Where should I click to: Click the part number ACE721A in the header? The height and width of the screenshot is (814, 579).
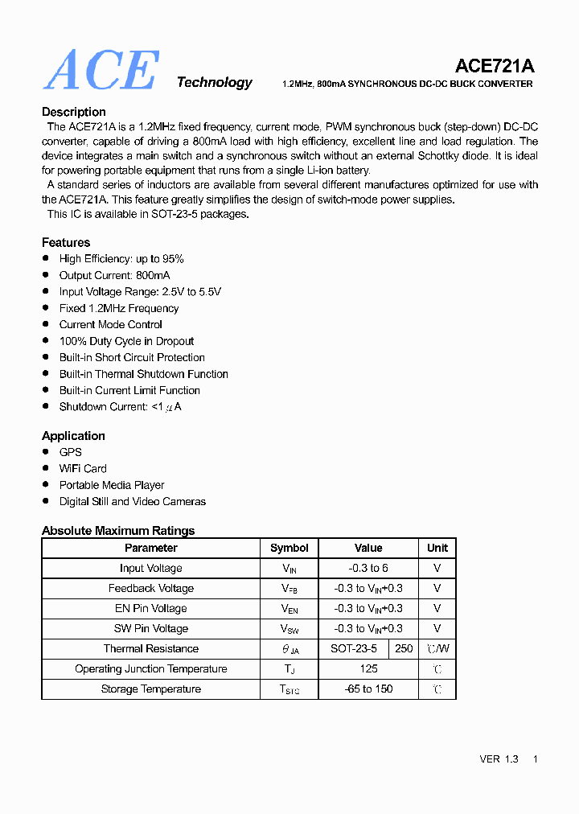click(x=494, y=66)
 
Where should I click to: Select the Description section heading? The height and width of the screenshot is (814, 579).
click(x=74, y=112)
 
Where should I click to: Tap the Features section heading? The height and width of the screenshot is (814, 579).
click(x=66, y=242)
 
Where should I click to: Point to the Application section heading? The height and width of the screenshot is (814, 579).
click(x=73, y=436)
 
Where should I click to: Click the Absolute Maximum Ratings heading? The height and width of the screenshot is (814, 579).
click(x=118, y=531)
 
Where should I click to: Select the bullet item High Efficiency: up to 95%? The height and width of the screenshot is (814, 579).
click(x=121, y=259)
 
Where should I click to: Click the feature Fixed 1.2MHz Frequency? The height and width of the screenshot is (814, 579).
click(x=119, y=308)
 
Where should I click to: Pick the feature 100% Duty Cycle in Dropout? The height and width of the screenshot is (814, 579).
click(x=126, y=341)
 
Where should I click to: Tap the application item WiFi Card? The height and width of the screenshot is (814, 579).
click(x=83, y=469)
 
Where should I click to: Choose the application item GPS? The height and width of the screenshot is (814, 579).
click(x=71, y=452)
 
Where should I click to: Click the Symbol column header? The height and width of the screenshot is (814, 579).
click(x=289, y=548)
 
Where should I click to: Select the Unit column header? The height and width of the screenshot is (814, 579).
click(x=437, y=548)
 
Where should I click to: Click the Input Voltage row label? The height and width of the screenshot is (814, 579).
click(x=151, y=568)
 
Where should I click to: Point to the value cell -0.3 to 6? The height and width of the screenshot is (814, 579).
click(x=368, y=568)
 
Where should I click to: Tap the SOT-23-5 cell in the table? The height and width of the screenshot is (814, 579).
click(x=354, y=648)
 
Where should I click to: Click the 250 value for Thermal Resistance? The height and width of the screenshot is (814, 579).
click(x=404, y=648)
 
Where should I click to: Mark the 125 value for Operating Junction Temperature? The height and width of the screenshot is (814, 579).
click(x=368, y=668)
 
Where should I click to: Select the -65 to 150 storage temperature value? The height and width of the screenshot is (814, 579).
click(x=368, y=689)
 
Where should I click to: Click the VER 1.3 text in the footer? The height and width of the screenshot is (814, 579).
click(x=499, y=759)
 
